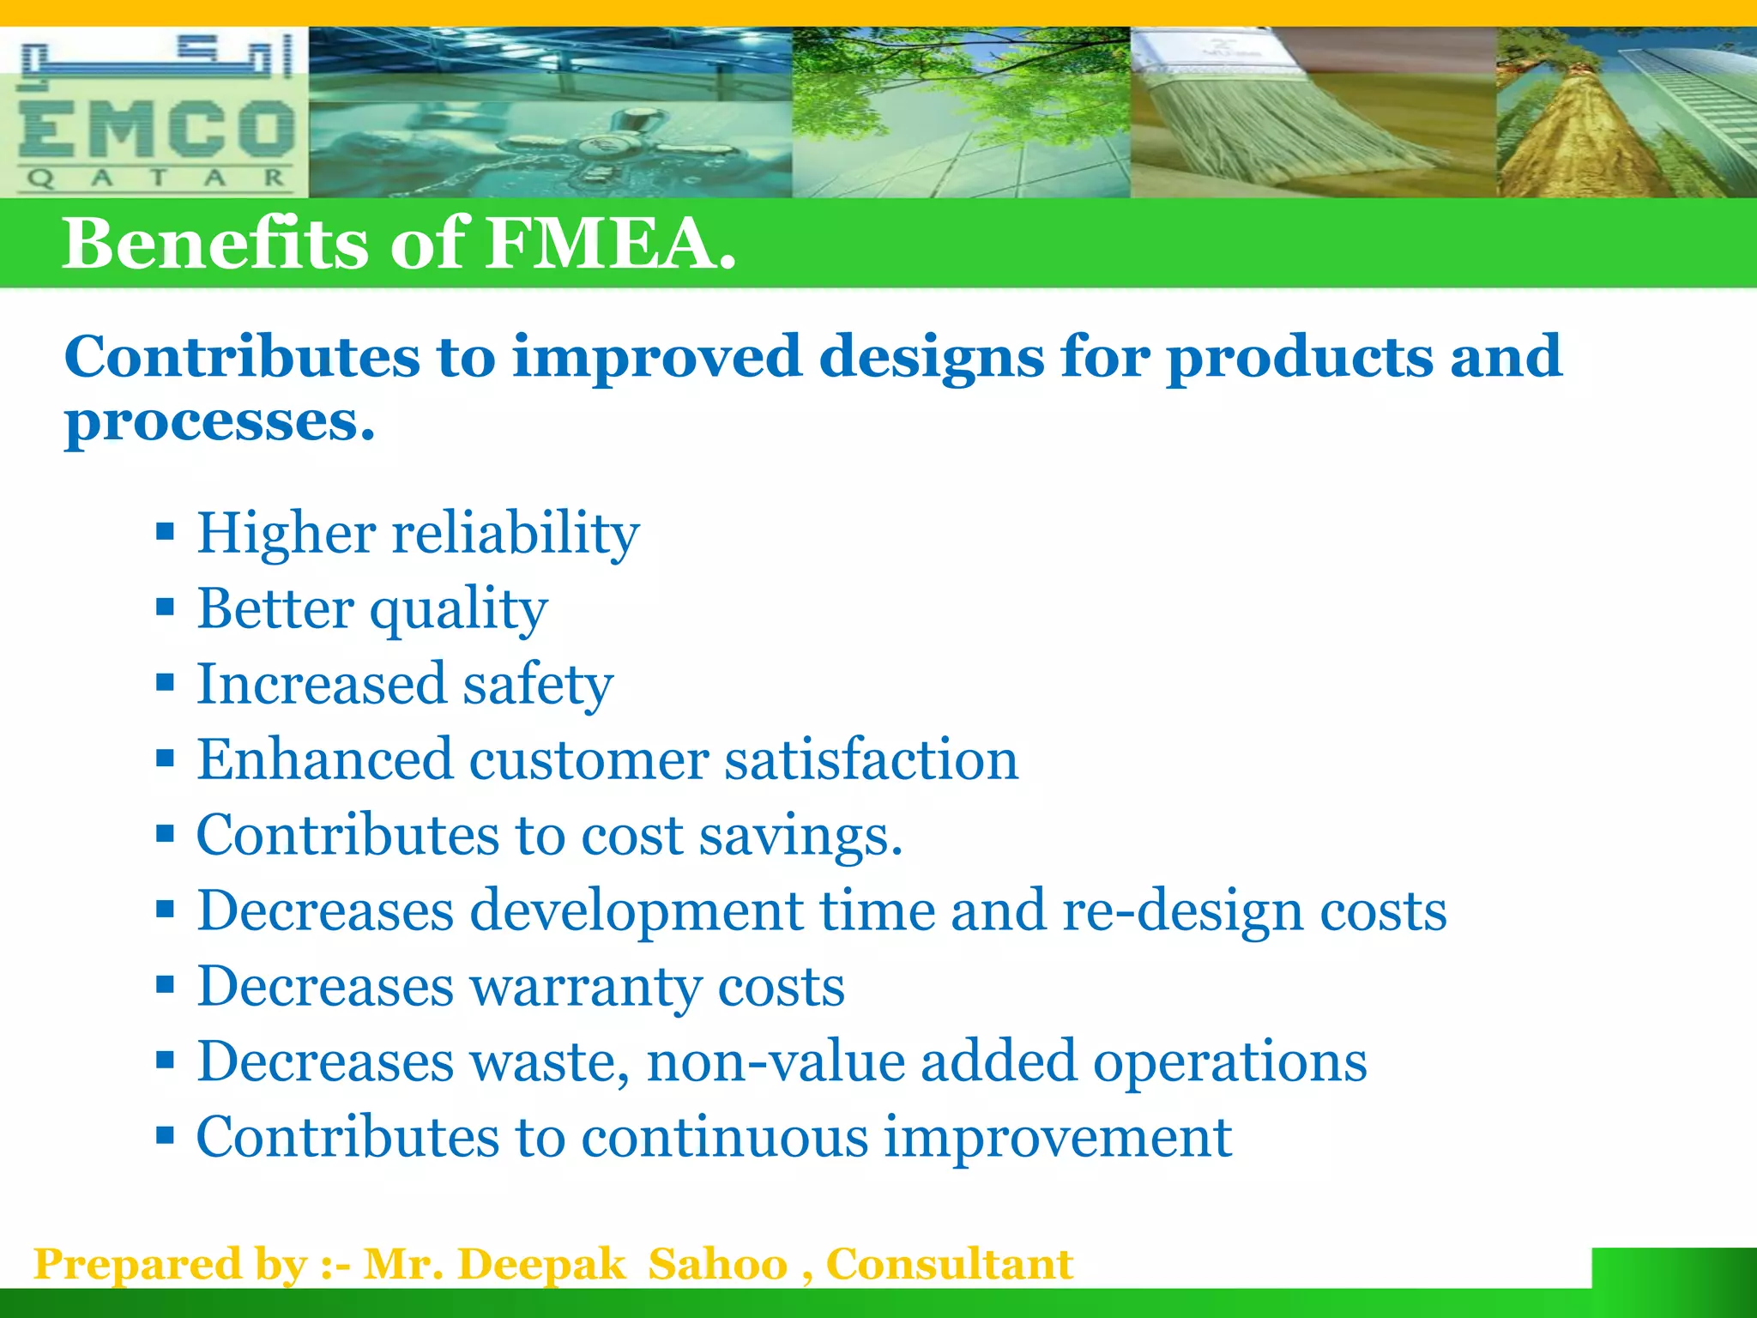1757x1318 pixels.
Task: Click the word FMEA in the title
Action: click(x=610, y=244)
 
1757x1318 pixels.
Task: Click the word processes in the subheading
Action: click(x=220, y=422)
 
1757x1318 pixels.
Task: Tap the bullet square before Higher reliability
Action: click(x=166, y=532)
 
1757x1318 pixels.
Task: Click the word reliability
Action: click(x=515, y=534)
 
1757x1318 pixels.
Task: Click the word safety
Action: click(x=538, y=685)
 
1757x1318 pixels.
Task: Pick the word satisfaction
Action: click(x=871, y=760)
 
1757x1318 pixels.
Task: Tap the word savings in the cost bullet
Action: click(x=800, y=837)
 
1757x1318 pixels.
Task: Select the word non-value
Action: click(x=776, y=1062)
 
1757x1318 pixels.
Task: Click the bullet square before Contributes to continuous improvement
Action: click(x=166, y=1136)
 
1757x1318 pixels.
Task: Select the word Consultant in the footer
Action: click(x=949, y=1265)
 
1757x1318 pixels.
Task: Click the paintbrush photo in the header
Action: click(x=1313, y=112)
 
